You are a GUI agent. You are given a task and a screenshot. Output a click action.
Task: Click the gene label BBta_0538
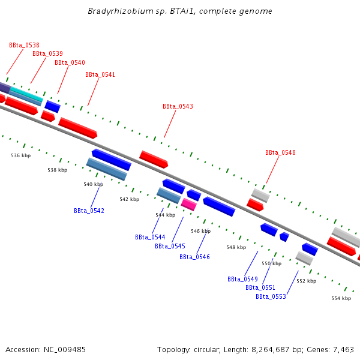(x=24, y=45)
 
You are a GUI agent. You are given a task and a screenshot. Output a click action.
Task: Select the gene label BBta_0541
(x=100, y=75)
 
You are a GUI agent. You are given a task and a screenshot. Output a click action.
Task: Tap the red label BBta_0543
(x=178, y=107)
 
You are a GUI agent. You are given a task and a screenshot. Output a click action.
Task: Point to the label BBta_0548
(x=280, y=152)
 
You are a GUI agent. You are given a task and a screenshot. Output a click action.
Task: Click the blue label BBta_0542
(x=89, y=211)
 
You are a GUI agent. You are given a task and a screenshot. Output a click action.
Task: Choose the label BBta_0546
(x=194, y=257)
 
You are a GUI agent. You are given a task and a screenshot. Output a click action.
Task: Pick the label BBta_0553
(x=271, y=296)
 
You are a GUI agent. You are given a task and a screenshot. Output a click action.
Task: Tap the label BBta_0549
(x=242, y=279)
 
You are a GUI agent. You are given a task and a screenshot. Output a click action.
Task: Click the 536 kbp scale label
(x=21, y=155)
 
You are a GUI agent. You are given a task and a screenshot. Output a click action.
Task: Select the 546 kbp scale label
(x=201, y=231)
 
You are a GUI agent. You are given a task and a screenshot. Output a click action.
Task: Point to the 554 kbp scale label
(x=341, y=298)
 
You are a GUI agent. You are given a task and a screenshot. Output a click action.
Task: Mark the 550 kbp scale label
(x=271, y=263)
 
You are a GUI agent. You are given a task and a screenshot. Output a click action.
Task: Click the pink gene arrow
(x=189, y=204)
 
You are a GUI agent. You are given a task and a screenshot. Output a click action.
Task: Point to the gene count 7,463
(x=343, y=349)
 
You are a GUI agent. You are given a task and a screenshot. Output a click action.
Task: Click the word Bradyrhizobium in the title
(x=115, y=11)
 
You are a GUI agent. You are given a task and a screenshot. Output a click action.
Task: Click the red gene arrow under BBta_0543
(x=154, y=159)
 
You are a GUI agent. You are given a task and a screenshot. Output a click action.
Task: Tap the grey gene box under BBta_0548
(x=260, y=195)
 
